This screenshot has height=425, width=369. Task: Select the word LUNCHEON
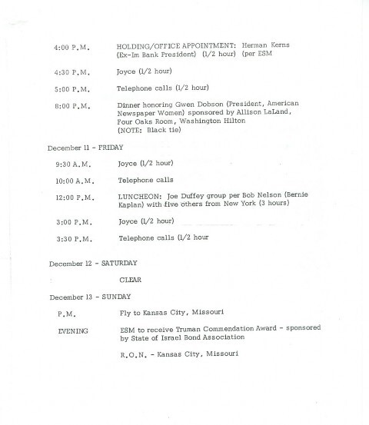point(138,196)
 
